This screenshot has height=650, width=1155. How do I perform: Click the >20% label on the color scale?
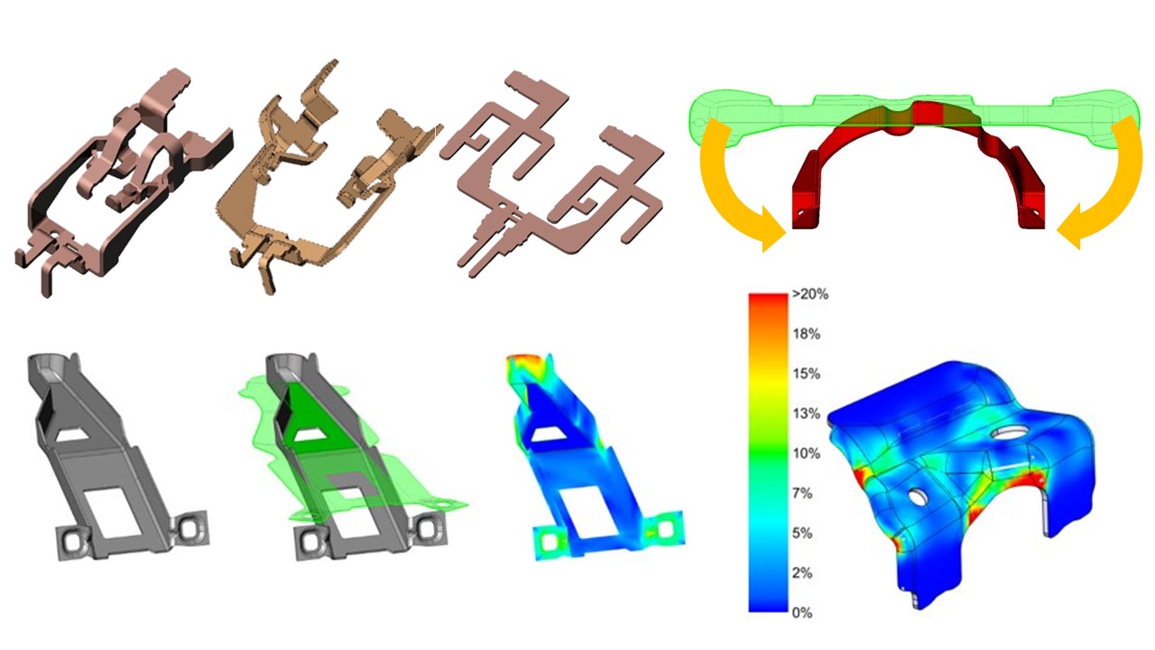pyautogui.click(x=810, y=294)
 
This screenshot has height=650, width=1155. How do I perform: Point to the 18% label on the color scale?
pyautogui.click(x=807, y=334)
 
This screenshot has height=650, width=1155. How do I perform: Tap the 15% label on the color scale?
pyautogui.click(x=807, y=374)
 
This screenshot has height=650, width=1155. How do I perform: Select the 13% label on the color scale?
pyautogui.click(x=807, y=413)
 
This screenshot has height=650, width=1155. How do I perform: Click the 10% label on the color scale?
pyautogui.click(x=807, y=453)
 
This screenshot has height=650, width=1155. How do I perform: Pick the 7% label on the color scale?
pyautogui.click(x=802, y=493)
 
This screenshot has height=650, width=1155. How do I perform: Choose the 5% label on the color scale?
pyautogui.click(x=802, y=533)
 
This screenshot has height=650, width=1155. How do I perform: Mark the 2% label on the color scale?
pyautogui.click(x=802, y=572)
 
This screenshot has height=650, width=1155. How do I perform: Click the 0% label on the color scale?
pyautogui.click(x=802, y=612)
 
